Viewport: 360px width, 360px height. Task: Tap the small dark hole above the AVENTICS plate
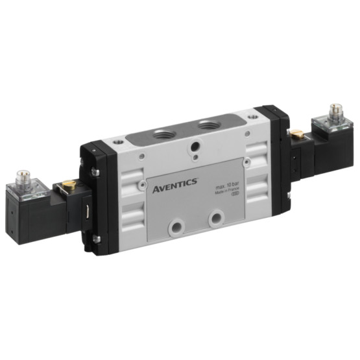click(196, 153)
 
